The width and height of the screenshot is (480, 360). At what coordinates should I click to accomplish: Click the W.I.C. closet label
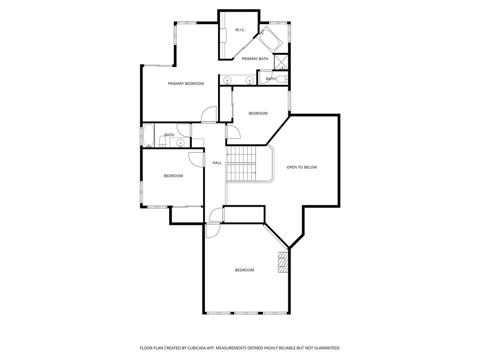[240, 30]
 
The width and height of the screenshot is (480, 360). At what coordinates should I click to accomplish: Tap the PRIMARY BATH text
[255, 59]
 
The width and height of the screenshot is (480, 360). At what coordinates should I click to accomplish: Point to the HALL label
[217, 163]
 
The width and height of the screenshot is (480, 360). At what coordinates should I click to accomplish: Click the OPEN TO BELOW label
[302, 167]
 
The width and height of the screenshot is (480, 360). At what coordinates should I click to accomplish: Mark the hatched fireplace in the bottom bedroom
[282, 262]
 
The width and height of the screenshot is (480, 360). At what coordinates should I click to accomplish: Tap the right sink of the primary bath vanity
[250, 81]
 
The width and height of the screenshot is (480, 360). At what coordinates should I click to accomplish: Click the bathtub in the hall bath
[148, 136]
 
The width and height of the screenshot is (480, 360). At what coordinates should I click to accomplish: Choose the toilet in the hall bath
[162, 141]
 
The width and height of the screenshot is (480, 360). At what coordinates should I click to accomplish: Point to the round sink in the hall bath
[180, 143]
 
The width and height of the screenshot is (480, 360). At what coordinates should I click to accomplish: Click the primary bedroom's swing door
[209, 115]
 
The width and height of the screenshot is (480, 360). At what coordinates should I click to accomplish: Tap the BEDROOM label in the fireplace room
[244, 270]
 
